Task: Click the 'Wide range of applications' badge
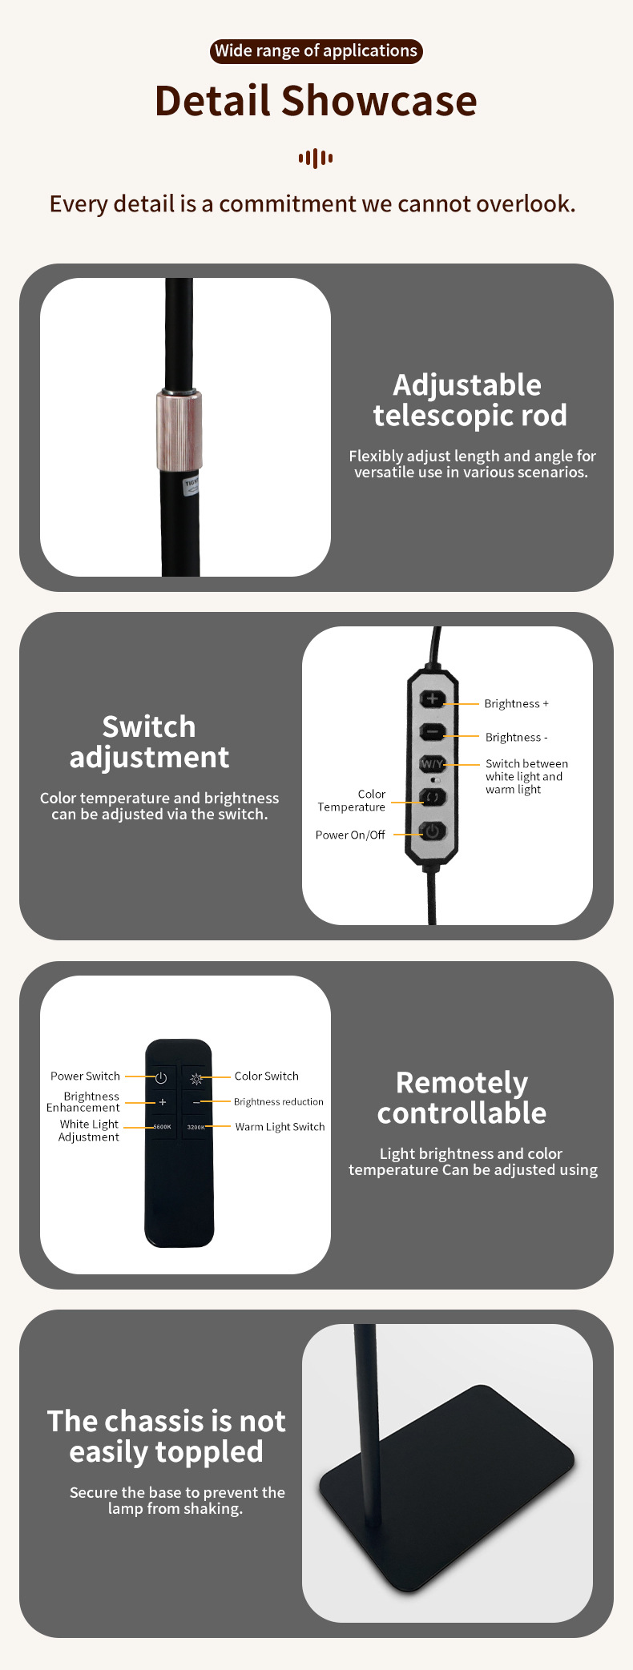pyautogui.click(x=316, y=51)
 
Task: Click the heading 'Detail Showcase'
pyautogui.click(x=316, y=101)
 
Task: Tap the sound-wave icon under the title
pyautogui.click(x=316, y=158)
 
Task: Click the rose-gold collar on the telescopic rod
pyautogui.click(x=179, y=429)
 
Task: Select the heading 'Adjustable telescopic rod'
pyautogui.click(x=470, y=400)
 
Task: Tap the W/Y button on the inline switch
pyautogui.click(x=432, y=763)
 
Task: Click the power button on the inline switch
pyautogui.click(x=433, y=831)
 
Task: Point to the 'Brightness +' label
pyautogui.click(x=516, y=703)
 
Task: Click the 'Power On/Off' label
pyautogui.click(x=350, y=835)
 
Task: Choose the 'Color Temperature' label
pyautogui.click(x=352, y=800)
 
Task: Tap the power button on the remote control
pyautogui.click(x=161, y=1077)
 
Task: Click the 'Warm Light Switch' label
pyautogui.click(x=280, y=1126)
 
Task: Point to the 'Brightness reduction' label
pyautogui.click(x=278, y=1101)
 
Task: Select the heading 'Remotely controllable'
pyautogui.click(x=462, y=1097)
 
